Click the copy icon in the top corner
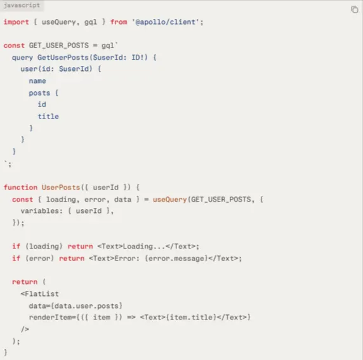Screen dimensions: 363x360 point(355,10)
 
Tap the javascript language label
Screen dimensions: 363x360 point(22,5)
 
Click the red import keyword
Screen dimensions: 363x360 point(16,22)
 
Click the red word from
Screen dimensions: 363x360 point(119,22)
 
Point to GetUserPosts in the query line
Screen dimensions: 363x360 point(63,57)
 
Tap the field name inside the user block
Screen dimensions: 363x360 point(37,81)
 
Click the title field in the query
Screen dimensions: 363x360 point(48,116)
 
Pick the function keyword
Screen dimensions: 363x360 point(20,187)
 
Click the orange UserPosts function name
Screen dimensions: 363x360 point(61,187)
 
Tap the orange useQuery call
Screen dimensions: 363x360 point(169,199)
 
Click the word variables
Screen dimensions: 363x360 point(41,211)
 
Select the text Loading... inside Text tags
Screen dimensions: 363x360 point(144,247)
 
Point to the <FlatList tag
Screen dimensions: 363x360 point(39,293)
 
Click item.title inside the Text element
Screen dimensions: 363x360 point(191,318)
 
